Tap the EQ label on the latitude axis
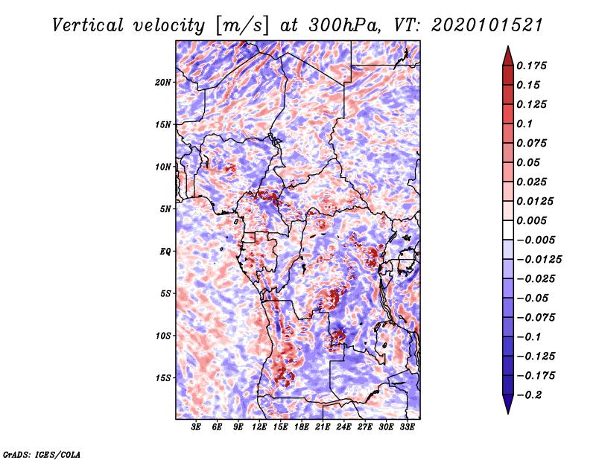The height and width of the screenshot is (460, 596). tap(166, 252)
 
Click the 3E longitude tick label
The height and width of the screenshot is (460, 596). tap(197, 427)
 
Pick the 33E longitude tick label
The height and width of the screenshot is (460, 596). tap(408, 427)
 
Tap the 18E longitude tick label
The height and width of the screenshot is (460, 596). tap(302, 427)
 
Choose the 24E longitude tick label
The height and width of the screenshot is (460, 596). tap(344, 427)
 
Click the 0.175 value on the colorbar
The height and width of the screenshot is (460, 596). tap(533, 66)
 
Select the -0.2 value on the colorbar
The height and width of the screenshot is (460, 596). tap(530, 394)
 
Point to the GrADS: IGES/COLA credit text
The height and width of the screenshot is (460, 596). tap(42, 453)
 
